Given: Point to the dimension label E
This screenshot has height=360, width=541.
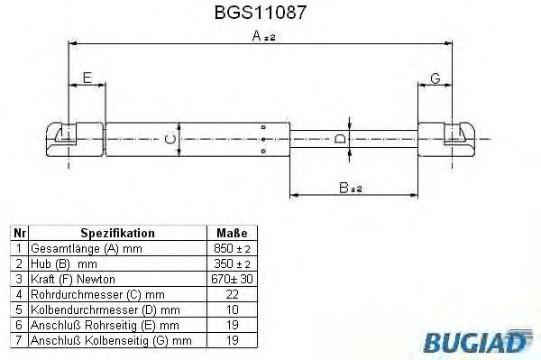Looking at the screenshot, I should coord(87,78).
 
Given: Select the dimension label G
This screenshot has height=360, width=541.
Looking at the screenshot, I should coord(435,78).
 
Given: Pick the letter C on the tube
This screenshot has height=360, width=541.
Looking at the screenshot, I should coord(169,139).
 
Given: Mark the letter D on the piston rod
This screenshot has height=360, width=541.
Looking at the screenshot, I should coord(338,139).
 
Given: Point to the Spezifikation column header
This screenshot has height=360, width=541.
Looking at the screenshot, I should coord(116,232).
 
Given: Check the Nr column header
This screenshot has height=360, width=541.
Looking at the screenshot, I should coord(19,232).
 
